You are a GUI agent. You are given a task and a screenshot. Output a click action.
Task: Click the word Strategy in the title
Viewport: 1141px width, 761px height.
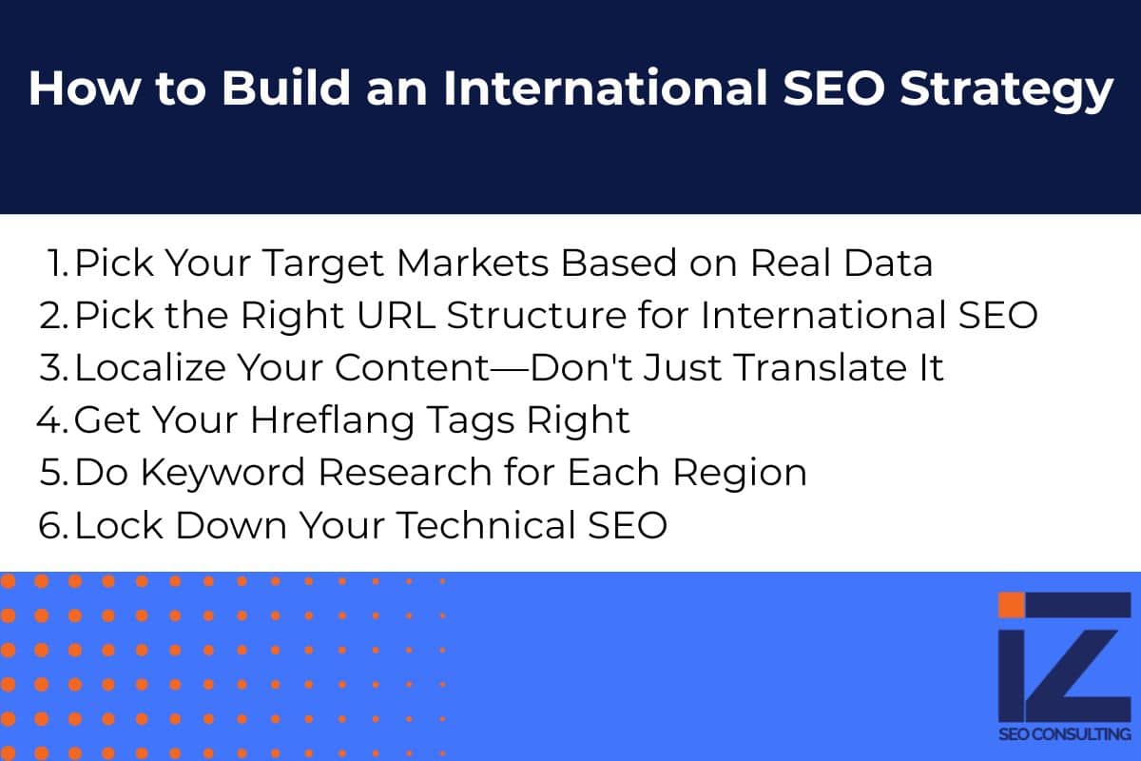coord(1006,90)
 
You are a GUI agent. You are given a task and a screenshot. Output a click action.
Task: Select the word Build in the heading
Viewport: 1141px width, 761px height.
coord(286,88)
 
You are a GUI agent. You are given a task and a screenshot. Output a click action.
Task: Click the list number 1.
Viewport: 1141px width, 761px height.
coord(57,263)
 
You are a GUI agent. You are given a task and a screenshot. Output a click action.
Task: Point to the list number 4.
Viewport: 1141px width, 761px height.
coord(52,420)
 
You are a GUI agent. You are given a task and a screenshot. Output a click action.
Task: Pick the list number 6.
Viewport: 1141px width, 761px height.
coord(53,525)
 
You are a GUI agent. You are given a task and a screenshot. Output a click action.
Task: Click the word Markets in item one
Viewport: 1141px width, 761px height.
coord(473,263)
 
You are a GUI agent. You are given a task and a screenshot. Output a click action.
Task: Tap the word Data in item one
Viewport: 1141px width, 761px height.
coord(888,263)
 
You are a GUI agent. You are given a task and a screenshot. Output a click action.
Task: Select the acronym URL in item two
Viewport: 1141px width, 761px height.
coord(396,316)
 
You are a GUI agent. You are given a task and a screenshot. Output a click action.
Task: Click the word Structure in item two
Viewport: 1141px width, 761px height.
coord(536,316)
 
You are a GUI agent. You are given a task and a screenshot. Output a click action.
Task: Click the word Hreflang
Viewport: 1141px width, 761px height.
coord(332,421)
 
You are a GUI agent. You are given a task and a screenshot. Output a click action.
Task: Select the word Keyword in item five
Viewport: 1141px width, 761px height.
coord(222,473)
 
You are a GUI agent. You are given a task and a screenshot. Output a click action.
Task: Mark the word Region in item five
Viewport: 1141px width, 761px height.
coord(740,474)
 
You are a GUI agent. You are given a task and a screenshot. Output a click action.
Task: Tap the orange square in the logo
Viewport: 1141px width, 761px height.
coord(1011,605)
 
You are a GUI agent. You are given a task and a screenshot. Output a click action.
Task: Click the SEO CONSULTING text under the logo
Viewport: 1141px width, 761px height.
coord(1065,734)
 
